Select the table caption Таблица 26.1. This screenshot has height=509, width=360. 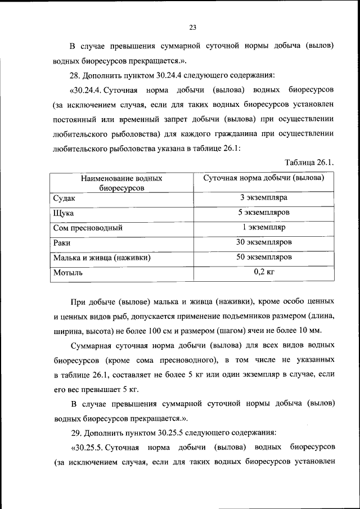point(310,163)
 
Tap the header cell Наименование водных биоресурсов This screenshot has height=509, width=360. point(121,183)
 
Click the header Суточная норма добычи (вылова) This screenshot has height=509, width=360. point(263,178)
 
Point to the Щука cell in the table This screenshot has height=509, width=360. point(64,214)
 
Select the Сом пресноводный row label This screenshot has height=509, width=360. point(88,228)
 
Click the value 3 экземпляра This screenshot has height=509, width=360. point(263,198)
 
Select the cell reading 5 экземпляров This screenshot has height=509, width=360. point(263,213)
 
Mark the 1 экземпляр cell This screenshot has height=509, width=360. point(263,228)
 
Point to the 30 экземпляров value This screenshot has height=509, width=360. point(263,242)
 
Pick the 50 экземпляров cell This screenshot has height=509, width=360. point(263,257)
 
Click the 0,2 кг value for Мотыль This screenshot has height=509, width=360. point(263,272)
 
